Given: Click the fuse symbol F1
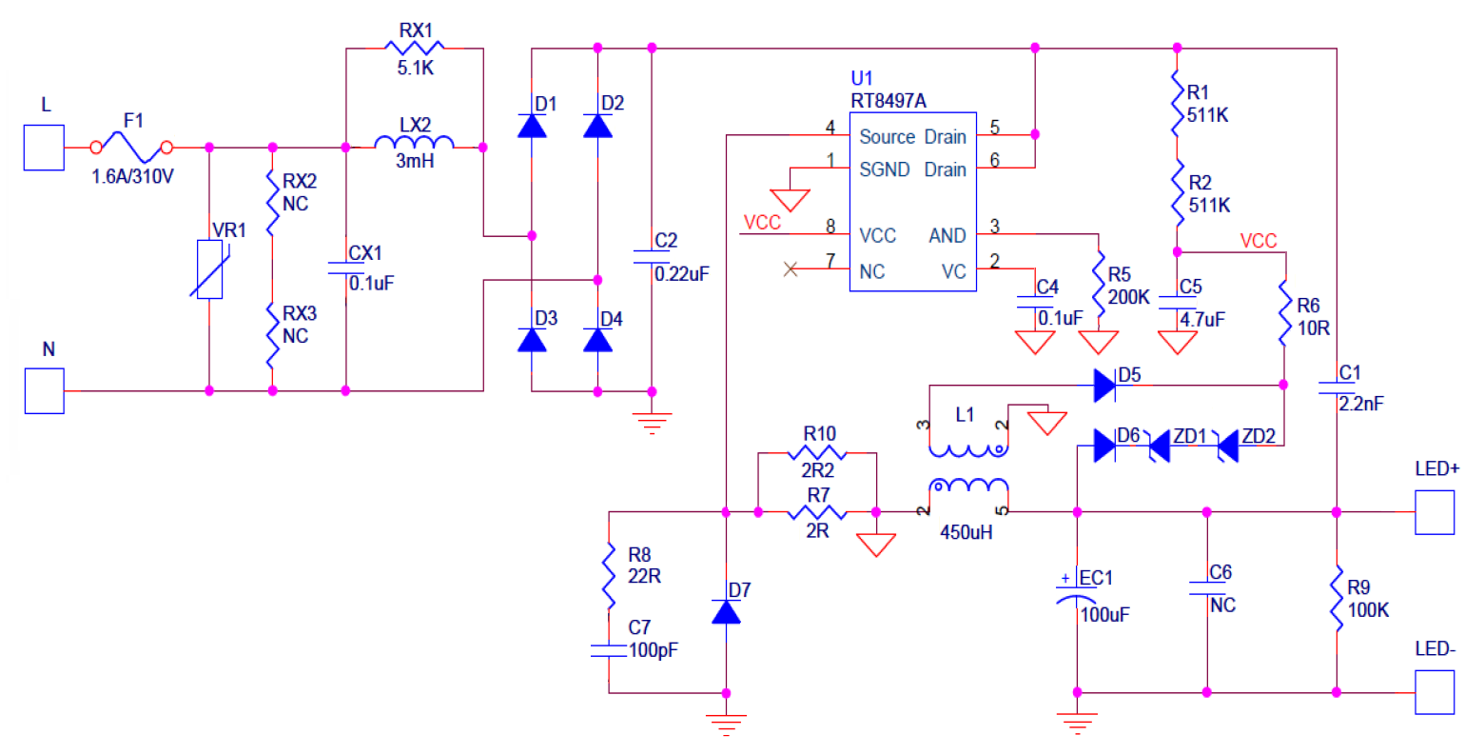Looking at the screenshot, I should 131,148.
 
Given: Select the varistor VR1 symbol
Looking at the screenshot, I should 209,269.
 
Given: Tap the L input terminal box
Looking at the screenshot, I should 44,148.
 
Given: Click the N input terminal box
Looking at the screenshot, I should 44,390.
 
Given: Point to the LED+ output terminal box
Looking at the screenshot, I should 1435,512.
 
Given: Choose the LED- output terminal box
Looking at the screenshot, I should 1435,692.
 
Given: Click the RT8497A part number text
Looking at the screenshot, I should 888,100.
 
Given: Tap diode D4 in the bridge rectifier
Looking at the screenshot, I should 597,340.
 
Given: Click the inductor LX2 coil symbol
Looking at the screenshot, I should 415,145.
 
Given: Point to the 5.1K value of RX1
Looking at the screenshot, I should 416,69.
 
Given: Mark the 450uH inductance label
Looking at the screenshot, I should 967,532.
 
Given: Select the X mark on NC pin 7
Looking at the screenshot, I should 790,269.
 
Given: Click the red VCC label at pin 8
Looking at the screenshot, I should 762,223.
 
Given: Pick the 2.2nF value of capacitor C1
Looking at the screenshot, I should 1361,404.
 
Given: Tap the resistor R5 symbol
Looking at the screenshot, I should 1099,281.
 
